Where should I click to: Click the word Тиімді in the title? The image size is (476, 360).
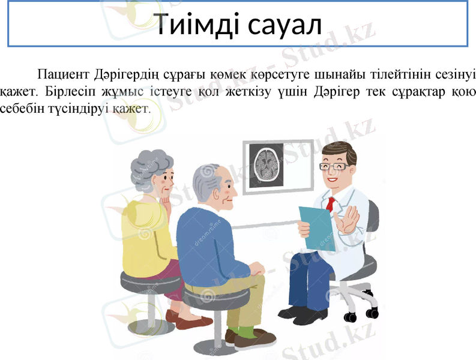pyautogui.click(x=196, y=25)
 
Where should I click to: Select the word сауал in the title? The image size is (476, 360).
pyautogui.click(x=283, y=25)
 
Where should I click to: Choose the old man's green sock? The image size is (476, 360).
pyautogui.click(x=246, y=331)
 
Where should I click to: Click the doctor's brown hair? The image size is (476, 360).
pyautogui.click(x=340, y=149)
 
